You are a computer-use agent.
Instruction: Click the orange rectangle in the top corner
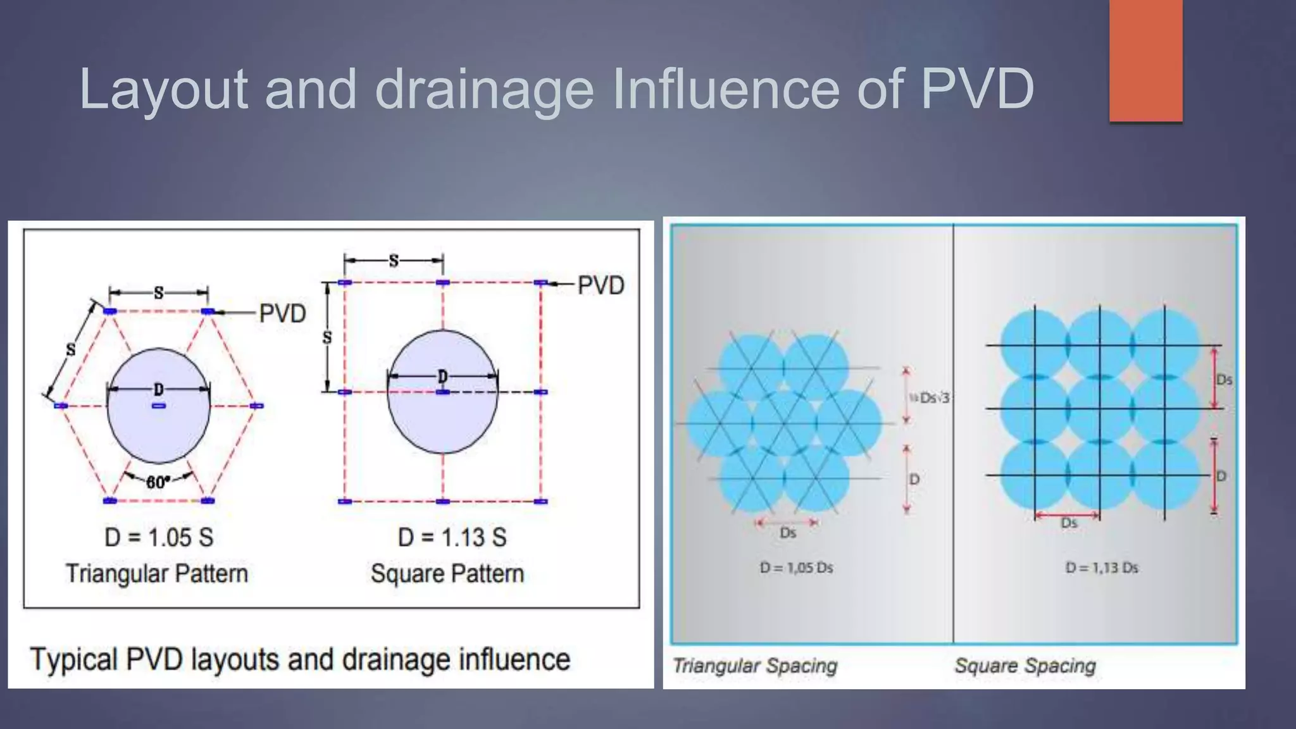tap(1145, 60)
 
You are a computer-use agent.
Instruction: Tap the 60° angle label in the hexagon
tap(157, 482)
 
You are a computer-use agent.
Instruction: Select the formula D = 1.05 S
tap(159, 538)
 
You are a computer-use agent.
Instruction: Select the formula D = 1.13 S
tap(452, 538)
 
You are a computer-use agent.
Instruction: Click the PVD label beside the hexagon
tap(282, 313)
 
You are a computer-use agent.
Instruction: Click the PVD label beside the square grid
tap(601, 285)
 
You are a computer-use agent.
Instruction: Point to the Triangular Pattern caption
tap(157, 574)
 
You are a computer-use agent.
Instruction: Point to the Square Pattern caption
tap(447, 574)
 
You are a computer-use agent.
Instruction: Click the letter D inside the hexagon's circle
tap(158, 389)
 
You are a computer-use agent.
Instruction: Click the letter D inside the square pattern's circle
tap(442, 377)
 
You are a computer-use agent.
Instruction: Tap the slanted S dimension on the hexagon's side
tap(71, 349)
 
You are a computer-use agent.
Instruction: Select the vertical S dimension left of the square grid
tap(327, 337)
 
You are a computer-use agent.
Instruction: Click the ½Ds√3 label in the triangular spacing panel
tap(930, 398)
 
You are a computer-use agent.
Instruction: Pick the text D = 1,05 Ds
tap(796, 568)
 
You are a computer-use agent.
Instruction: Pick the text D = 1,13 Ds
tap(1102, 568)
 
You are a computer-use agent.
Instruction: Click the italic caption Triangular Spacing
tap(755, 666)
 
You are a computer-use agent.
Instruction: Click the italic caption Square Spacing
tap(1025, 666)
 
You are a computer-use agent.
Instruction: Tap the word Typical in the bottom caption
tap(73, 659)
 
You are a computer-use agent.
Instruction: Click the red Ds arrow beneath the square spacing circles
tap(1068, 516)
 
